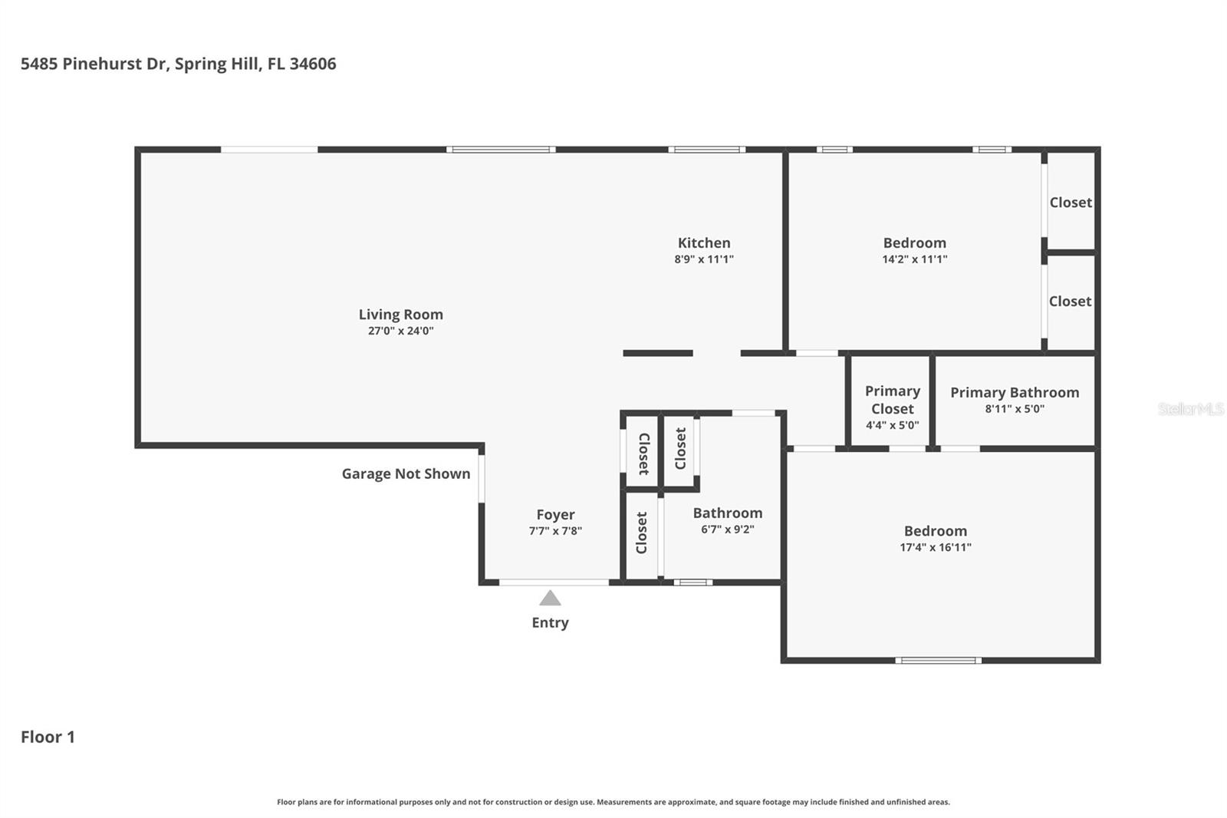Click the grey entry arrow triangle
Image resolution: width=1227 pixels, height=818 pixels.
tap(550, 599)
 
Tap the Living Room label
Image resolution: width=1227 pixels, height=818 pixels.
tap(400, 315)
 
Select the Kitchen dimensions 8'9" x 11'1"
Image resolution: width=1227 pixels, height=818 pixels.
tap(704, 259)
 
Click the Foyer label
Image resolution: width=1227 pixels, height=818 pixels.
tap(555, 515)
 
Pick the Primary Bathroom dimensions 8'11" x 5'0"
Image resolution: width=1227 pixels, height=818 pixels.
tap(1015, 409)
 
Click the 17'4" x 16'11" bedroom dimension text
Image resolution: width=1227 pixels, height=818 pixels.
tap(935, 548)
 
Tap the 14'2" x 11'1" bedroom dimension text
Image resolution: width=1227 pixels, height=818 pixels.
tap(914, 259)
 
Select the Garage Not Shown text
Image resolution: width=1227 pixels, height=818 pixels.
tap(406, 474)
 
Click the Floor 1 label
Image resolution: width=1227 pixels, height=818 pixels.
tap(48, 737)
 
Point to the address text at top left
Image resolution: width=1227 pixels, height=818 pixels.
tap(178, 64)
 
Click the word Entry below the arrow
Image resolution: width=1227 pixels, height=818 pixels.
tap(550, 623)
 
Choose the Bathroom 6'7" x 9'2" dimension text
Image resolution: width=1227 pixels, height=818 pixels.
tap(727, 529)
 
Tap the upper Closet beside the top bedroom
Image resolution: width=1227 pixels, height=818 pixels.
tap(1071, 203)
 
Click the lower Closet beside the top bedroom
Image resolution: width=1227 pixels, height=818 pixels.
tap(1070, 302)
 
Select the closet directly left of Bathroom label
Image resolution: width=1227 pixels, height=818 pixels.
tap(642, 533)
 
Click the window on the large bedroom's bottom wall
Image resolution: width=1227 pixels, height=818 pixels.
tap(938, 661)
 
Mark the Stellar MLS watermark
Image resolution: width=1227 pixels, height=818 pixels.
tap(1190, 409)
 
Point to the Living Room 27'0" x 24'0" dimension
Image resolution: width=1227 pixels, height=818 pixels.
tap(400, 331)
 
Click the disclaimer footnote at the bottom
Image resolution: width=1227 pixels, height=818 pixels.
tap(613, 802)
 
